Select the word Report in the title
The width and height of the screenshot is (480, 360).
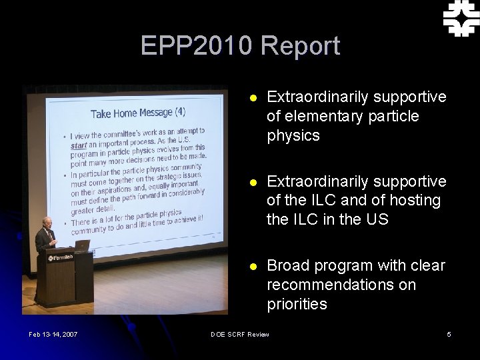click(x=301, y=46)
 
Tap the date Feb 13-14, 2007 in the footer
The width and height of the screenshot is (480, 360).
click(x=53, y=334)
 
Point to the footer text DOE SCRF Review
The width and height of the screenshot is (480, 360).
click(x=240, y=334)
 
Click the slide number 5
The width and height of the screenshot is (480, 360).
click(x=449, y=334)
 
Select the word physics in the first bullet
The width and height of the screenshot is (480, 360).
click(x=293, y=136)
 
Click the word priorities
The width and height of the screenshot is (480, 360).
click(x=297, y=304)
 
